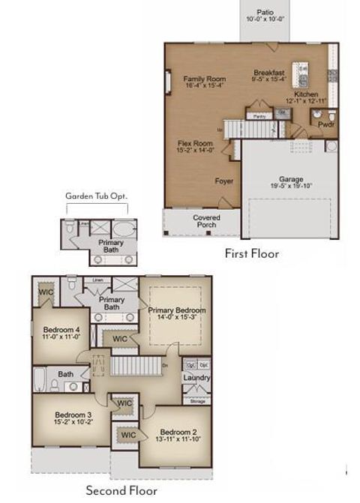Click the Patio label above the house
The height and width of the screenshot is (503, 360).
point(265,12)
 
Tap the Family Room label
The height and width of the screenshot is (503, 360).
point(205,79)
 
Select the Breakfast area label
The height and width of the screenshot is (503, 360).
point(268,73)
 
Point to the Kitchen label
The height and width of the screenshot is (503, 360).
point(305,95)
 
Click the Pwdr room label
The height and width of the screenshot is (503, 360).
point(326,125)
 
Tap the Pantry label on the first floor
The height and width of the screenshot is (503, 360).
point(260,116)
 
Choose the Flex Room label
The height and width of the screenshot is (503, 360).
point(195,142)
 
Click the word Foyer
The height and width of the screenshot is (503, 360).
point(224,181)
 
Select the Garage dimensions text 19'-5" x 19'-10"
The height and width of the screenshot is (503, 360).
point(291,186)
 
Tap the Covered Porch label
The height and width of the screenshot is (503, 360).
point(207,221)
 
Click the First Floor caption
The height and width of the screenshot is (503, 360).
point(252,254)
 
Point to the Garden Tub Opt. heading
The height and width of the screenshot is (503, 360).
point(96,196)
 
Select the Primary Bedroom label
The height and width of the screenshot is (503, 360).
point(177,310)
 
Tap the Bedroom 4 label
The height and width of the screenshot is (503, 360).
point(61,330)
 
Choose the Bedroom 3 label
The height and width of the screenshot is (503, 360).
point(73,415)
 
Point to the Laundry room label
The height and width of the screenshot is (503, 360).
point(196,378)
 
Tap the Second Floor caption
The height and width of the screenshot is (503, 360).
point(121,491)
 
